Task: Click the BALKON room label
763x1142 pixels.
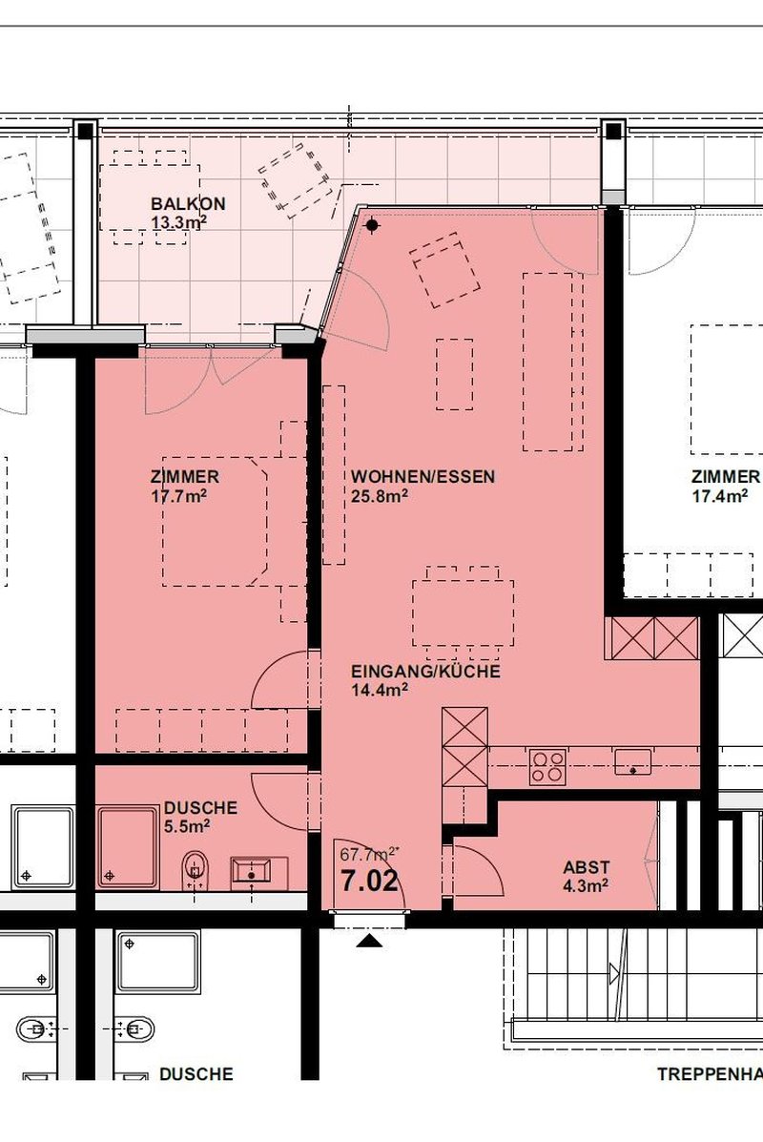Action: tap(188, 204)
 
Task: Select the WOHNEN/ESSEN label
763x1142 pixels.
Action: tap(423, 477)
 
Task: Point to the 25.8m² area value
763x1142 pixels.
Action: tap(379, 497)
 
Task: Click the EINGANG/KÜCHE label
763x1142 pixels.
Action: tap(426, 671)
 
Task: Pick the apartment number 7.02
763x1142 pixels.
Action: tap(370, 882)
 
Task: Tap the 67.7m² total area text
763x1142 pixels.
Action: tap(370, 855)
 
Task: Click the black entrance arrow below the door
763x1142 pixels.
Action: tap(370, 941)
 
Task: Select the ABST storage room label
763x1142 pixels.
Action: tap(587, 867)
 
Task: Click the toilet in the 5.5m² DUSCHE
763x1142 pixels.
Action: tap(194, 869)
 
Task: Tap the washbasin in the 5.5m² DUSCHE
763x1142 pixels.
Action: tap(251, 873)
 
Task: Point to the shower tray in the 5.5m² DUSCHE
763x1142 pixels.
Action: tap(128, 847)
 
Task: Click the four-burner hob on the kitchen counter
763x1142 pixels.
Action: tap(547, 767)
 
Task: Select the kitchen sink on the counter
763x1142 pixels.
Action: tap(632, 762)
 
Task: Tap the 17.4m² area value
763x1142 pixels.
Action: tap(720, 497)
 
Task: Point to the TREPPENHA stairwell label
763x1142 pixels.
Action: tap(710, 1074)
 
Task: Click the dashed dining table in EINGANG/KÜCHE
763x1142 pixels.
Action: tap(463, 613)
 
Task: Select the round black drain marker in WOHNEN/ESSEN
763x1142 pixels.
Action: tap(372, 226)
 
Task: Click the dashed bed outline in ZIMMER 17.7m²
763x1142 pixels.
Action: tap(215, 522)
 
